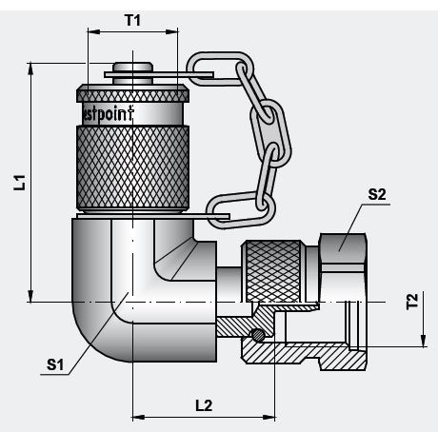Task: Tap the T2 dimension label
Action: point(411,303)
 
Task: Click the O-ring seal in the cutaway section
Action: point(258,334)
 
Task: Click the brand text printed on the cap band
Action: point(132,112)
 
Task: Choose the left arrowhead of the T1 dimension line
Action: point(91,30)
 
